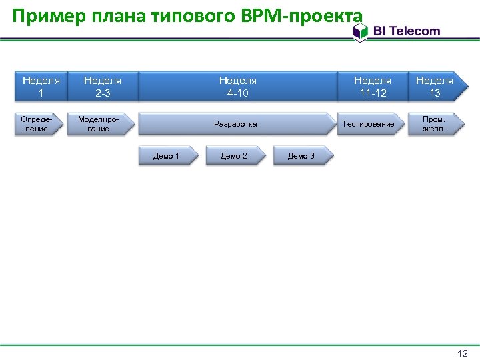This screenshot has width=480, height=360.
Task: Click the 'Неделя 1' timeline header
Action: [x=41, y=87]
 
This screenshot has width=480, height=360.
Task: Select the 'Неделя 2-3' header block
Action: [x=103, y=87]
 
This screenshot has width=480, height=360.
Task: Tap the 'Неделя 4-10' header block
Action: [x=237, y=87]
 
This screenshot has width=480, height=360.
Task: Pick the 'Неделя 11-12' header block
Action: [x=372, y=87]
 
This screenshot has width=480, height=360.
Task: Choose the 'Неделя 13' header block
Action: [x=435, y=87]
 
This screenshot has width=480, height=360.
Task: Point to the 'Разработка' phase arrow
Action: [x=236, y=124]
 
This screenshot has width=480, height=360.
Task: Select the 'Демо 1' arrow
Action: [x=167, y=156]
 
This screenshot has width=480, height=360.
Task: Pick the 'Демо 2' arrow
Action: [x=235, y=156]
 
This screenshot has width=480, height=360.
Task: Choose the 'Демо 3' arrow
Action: [x=302, y=156]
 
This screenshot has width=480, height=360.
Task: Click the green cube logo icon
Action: [x=361, y=31]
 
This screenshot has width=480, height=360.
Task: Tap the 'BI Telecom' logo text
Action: [x=406, y=31]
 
